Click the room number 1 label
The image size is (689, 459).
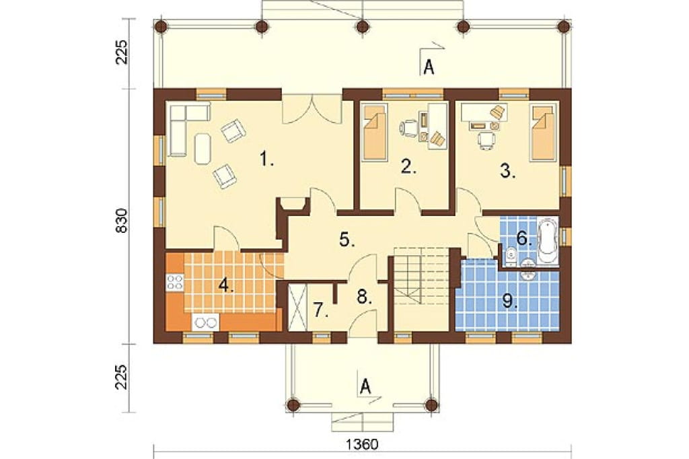pos(266,159)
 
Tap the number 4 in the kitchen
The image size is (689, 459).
pos(226,286)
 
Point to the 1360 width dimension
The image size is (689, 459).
pos(362,444)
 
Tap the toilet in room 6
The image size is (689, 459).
pos(511,256)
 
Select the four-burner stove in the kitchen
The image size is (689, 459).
pos(175,281)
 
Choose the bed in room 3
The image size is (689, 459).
pos(544,132)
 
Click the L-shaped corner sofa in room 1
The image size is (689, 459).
pos(184,127)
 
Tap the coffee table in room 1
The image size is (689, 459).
pos(203,149)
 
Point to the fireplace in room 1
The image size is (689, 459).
pos(292,205)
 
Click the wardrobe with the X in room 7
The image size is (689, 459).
pos(297,308)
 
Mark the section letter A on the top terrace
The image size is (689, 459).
pos(429,67)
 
